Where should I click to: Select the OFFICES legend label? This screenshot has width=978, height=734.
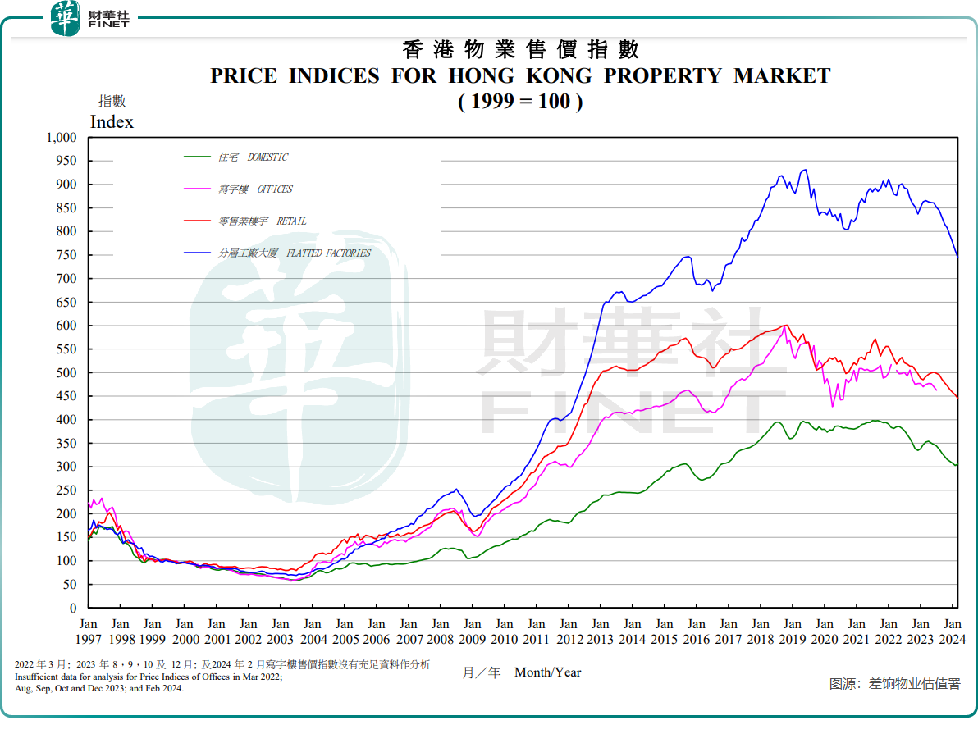tap(255, 189)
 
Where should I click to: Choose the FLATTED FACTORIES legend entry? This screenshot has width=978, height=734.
tap(294, 253)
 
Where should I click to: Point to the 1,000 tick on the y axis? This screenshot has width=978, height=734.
tap(58, 138)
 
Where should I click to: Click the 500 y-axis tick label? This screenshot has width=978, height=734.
tap(65, 372)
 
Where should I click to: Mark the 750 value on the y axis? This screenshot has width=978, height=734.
tap(65, 255)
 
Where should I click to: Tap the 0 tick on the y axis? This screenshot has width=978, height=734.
tap(72, 608)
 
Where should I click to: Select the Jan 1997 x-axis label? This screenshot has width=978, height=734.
tap(88, 631)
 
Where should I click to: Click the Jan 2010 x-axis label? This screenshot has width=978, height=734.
tap(505, 631)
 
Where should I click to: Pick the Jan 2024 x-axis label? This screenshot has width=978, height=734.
tap(953, 631)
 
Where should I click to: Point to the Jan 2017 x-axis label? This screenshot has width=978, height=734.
tap(729, 631)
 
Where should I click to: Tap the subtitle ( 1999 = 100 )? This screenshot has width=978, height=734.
tap(520, 103)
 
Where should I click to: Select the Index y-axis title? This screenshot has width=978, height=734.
tap(112, 122)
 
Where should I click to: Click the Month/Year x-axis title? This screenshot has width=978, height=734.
tap(547, 672)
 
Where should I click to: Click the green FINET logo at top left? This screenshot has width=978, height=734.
tap(66, 18)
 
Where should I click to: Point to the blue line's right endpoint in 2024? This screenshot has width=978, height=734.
tap(957, 256)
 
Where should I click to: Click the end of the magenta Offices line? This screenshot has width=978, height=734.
tap(936, 390)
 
